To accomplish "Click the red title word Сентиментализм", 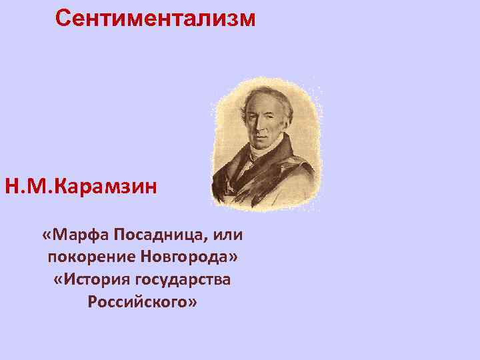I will click(x=155, y=18).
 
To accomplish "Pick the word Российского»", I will click(x=141, y=301).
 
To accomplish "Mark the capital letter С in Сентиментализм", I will click(x=63, y=18).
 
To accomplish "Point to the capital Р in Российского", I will click(x=92, y=301).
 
